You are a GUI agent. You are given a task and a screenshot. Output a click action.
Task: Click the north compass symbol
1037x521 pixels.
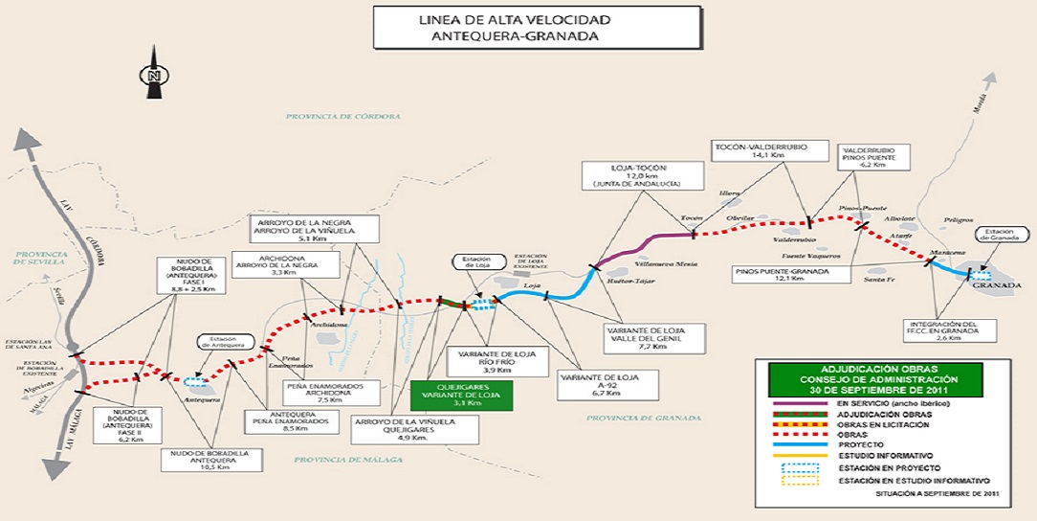pyautogui.click(x=152, y=76)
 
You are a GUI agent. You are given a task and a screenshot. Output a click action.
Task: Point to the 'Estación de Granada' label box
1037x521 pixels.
pyautogui.click(x=1002, y=236)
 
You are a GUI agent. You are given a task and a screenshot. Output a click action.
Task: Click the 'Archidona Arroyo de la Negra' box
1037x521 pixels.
pyautogui.click(x=284, y=265)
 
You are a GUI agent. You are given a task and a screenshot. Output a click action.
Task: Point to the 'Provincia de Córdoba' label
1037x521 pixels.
pyautogui.click(x=342, y=116)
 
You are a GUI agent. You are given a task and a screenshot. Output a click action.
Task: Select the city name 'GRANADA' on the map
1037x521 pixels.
pyautogui.click(x=991, y=286)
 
